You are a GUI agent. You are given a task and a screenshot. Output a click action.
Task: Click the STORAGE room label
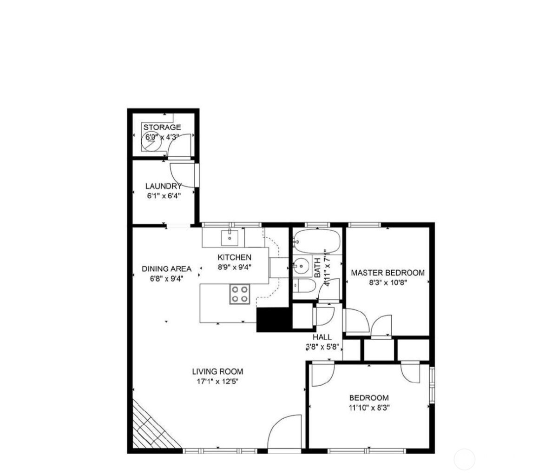pos(162,127)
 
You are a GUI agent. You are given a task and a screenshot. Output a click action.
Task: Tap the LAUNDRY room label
pos(163,187)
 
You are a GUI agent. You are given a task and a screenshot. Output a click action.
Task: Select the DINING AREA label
pos(166,268)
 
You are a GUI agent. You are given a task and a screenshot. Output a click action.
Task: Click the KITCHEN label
pos(235,257)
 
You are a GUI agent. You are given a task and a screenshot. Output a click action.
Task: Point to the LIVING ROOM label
pos(217,371)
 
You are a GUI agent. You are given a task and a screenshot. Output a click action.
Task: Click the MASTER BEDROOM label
pos(387,273)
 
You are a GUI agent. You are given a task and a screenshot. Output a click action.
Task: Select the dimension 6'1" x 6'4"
pos(163,196)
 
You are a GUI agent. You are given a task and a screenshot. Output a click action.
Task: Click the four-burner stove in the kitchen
pos(240,294)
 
